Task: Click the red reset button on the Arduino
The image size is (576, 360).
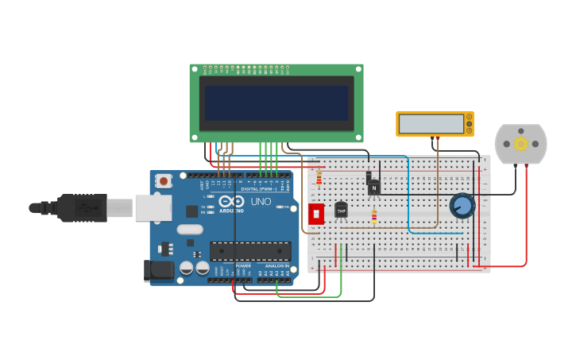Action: [x=164, y=181]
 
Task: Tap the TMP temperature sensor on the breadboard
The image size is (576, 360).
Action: [x=341, y=210]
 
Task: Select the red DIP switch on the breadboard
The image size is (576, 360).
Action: [x=315, y=214]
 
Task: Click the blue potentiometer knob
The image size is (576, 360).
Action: [x=462, y=207]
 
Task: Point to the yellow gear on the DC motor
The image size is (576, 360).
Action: [x=521, y=144]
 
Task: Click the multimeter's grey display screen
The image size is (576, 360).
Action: [x=431, y=124]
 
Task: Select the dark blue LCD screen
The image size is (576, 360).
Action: [x=276, y=103]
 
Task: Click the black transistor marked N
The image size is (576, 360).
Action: [x=374, y=188]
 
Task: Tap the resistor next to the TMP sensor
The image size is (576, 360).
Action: [x=374, y=216]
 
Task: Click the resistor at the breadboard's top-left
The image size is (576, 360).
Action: [x=319, y=179]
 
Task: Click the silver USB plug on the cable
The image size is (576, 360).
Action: [x=120, y=208]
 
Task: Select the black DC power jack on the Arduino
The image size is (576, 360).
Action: [x=159, y=270]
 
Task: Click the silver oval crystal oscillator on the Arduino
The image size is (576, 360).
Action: [x=191, y=230]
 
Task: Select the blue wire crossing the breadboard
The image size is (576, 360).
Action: [x=409, y=199]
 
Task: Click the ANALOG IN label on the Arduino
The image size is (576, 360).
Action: [x=277, y=265]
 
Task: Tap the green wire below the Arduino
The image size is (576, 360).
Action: [x=310, y=296]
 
